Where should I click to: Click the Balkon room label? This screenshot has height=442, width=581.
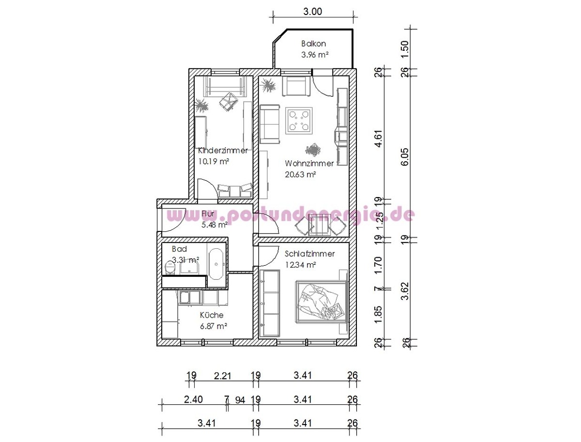[x=313, y=44]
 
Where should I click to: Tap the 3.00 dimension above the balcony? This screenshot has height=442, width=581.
[x=313, y=12]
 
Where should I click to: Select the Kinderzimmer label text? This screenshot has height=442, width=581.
[x=223, y=151]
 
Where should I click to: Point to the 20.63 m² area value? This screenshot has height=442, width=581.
[x=301, y=174]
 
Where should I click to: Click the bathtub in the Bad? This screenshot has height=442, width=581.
[x=216, y=264]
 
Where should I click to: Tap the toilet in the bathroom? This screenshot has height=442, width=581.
[x=169, y=267]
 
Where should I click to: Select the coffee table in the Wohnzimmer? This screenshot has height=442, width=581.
[x=299, y=121]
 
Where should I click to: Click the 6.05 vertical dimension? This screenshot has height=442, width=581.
[x=405, y=157]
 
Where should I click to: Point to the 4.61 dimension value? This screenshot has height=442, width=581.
[x=379, y=138]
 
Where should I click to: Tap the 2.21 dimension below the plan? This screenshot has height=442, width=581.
[x=222, y=375]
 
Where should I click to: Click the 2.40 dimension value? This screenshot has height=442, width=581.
[x=194, y=399]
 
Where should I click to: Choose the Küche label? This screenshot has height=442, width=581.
[x=212, y=315]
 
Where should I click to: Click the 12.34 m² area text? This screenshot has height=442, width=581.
[x=301, y=265]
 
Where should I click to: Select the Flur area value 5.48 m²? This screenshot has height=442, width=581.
[x=214, y=225]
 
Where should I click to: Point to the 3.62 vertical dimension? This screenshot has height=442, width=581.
[x=405, y=291]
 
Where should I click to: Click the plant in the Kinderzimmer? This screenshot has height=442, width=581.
[x=202, y=106]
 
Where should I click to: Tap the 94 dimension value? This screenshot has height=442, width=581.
[x=240, y=400]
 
